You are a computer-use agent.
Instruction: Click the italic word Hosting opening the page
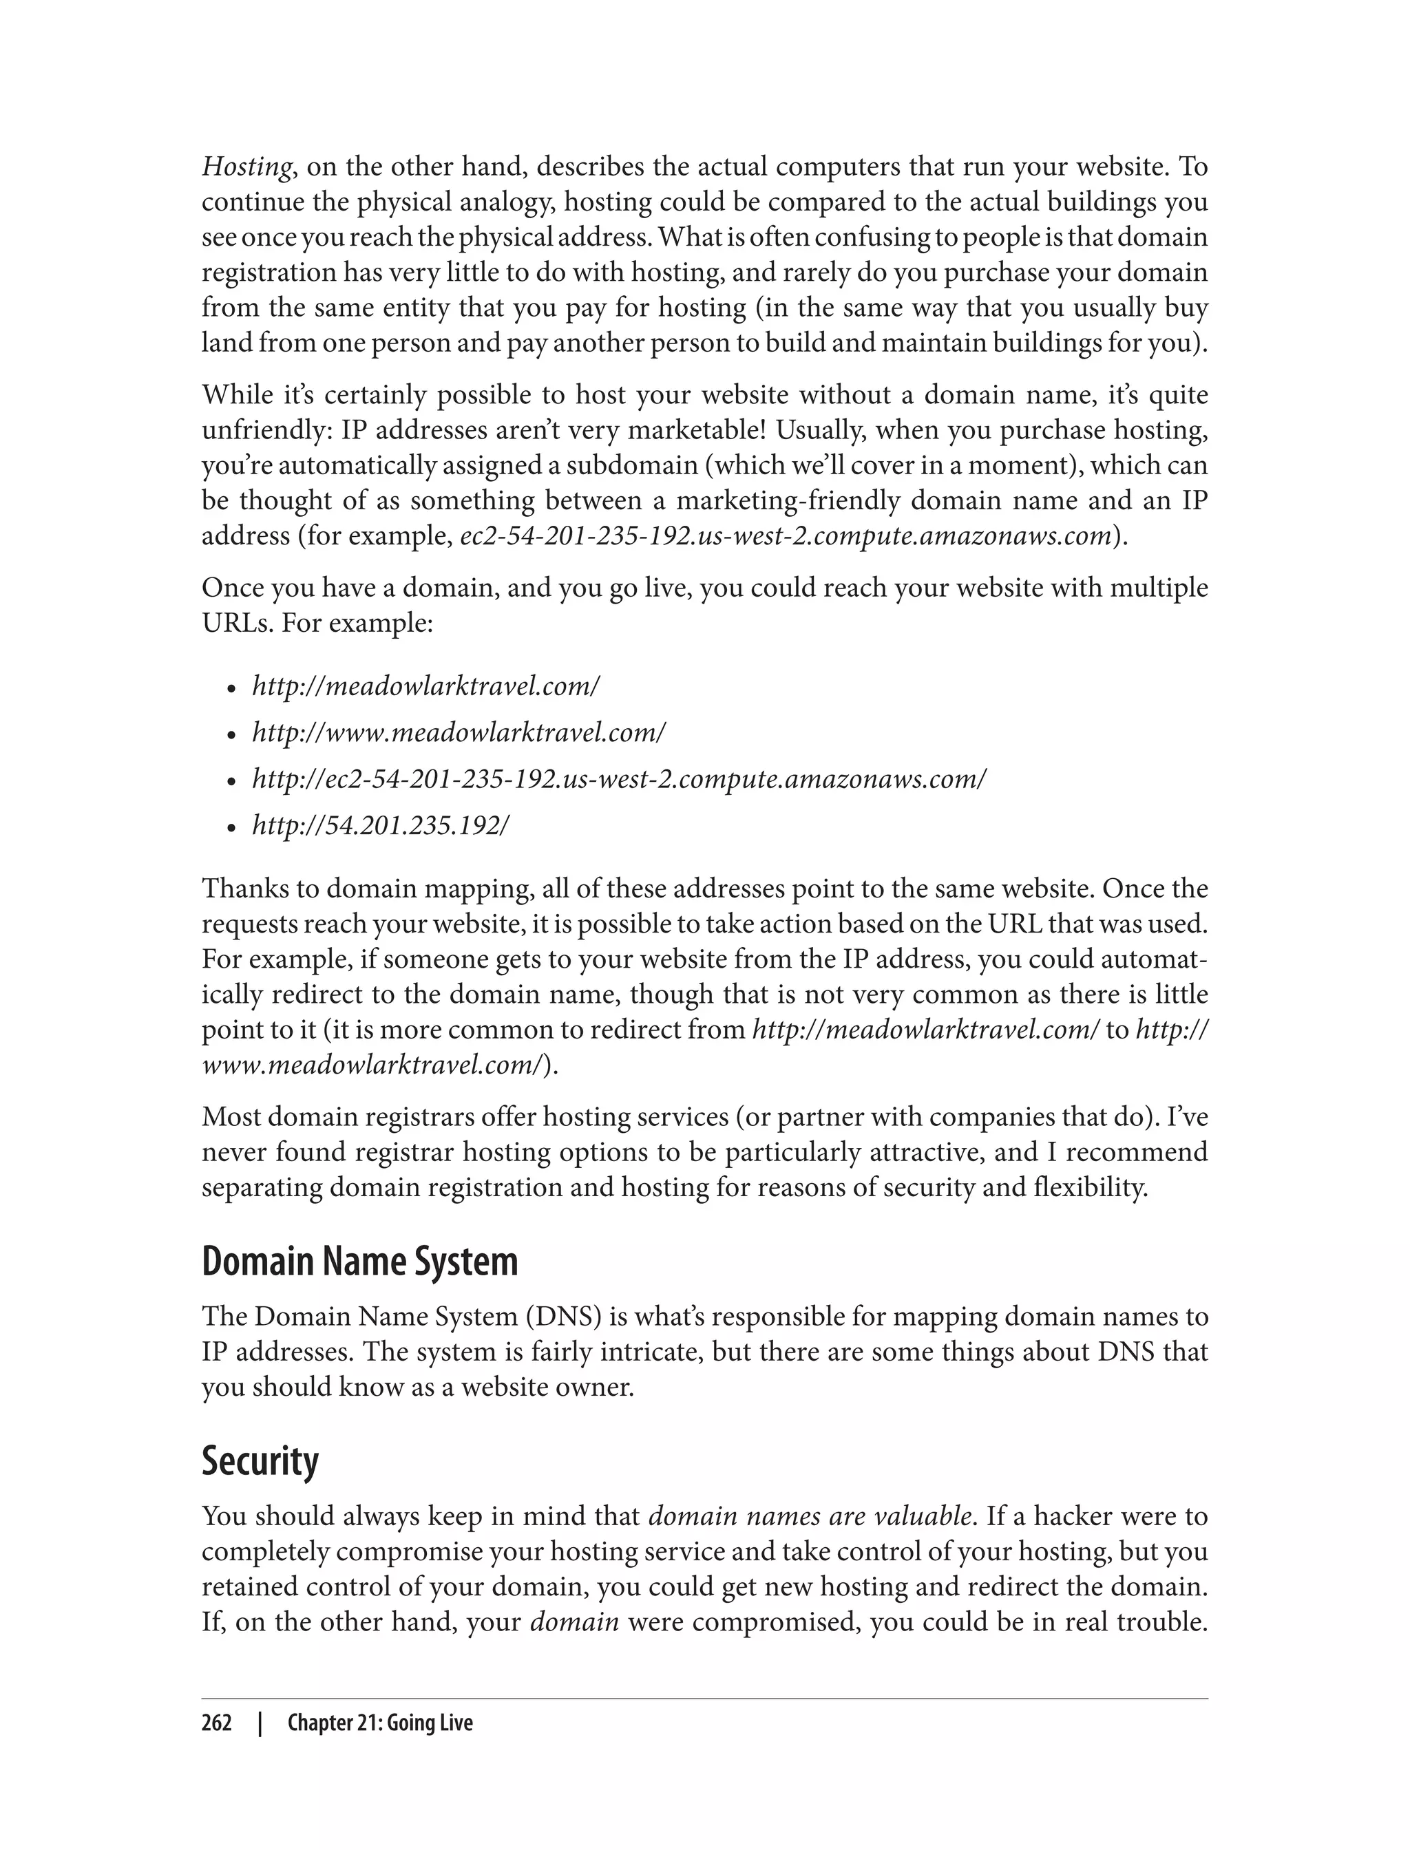[246, 168]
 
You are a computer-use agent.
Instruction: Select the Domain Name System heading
[359, 1262]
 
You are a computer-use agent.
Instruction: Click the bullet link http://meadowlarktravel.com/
[425, 686]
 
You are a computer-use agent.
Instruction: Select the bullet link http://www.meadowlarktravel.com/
[459, 732]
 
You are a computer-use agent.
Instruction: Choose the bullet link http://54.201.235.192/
[380, 826]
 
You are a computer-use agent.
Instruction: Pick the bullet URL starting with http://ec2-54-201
[618, 779]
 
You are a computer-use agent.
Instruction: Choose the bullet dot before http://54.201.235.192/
[233, 828]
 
